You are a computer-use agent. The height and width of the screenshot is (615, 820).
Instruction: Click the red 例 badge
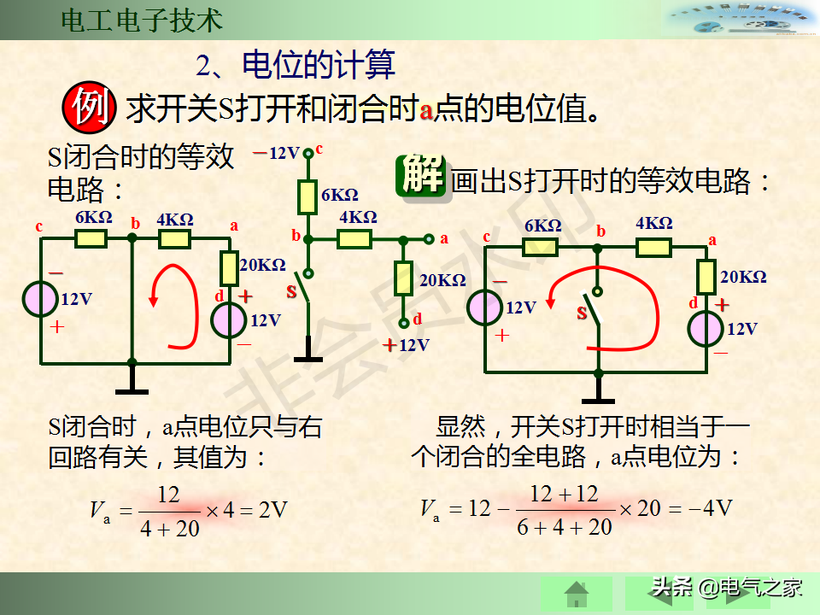(87, 108)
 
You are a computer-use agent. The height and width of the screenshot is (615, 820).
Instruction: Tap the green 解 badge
(422, 177)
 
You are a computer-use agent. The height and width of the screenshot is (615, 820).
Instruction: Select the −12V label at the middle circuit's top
(277, 154)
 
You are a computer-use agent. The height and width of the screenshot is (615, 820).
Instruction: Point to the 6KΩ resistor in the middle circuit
(307, 196)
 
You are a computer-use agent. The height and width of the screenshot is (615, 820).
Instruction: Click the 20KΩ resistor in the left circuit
(229, 268)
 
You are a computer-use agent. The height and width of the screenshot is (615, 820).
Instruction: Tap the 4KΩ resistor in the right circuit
(653, 248)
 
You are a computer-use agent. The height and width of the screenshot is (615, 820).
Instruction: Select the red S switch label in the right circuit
(583, 313)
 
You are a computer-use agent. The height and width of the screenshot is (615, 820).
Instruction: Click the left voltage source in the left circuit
(41, 299)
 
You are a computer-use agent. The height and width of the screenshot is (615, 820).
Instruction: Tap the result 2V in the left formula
(273, 511)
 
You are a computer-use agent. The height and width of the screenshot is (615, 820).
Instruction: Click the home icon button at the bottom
(577, 592)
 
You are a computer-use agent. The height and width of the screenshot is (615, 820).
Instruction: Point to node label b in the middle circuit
(296, 236)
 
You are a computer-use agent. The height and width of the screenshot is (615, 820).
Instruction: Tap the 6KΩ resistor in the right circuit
(541, 247)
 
